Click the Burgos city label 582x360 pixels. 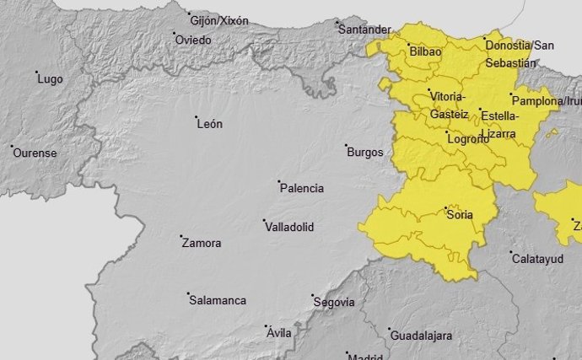(365, 153)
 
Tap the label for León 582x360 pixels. (209, 124)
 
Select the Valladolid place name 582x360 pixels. (288, 228)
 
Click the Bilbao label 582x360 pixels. (425, 52)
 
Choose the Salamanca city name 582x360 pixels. (218, 301)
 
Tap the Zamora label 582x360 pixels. (202, 244)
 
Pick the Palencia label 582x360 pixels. (301, 189)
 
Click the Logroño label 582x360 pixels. (467, 140)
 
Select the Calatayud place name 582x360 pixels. (537, 259)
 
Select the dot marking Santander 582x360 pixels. (337, 22)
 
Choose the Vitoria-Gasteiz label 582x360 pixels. (447, 105)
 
